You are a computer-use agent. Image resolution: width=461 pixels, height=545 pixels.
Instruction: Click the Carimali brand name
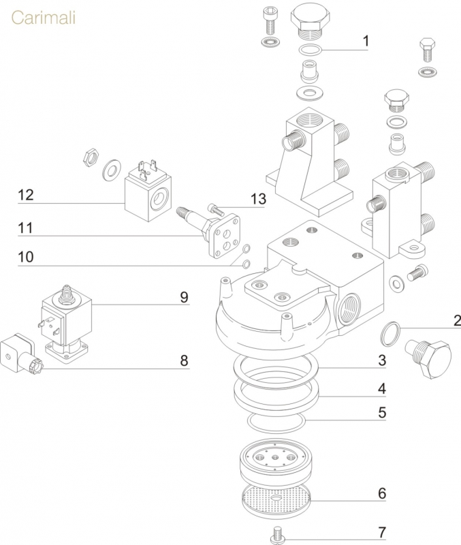tap(43, 17)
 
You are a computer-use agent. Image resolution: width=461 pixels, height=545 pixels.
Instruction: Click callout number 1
tap(365, 42)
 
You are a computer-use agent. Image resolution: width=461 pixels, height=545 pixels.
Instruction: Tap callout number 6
tap(382, 493)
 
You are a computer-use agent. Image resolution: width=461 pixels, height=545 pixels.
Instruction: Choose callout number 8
tap(184, 360)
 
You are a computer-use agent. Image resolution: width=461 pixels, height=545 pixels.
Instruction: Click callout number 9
tap(184, 298)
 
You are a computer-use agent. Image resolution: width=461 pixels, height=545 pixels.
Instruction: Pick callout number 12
tap(26, 196)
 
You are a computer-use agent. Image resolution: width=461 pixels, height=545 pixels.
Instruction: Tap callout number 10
tap(26, 257)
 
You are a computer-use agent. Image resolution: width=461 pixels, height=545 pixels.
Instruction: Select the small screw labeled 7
tap(276, 533)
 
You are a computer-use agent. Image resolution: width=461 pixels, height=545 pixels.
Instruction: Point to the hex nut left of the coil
tap(88, 157)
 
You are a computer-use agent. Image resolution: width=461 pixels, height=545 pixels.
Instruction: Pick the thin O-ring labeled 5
tap(275, 421)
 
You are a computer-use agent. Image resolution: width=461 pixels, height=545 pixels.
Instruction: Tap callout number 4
tap(382, 389)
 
